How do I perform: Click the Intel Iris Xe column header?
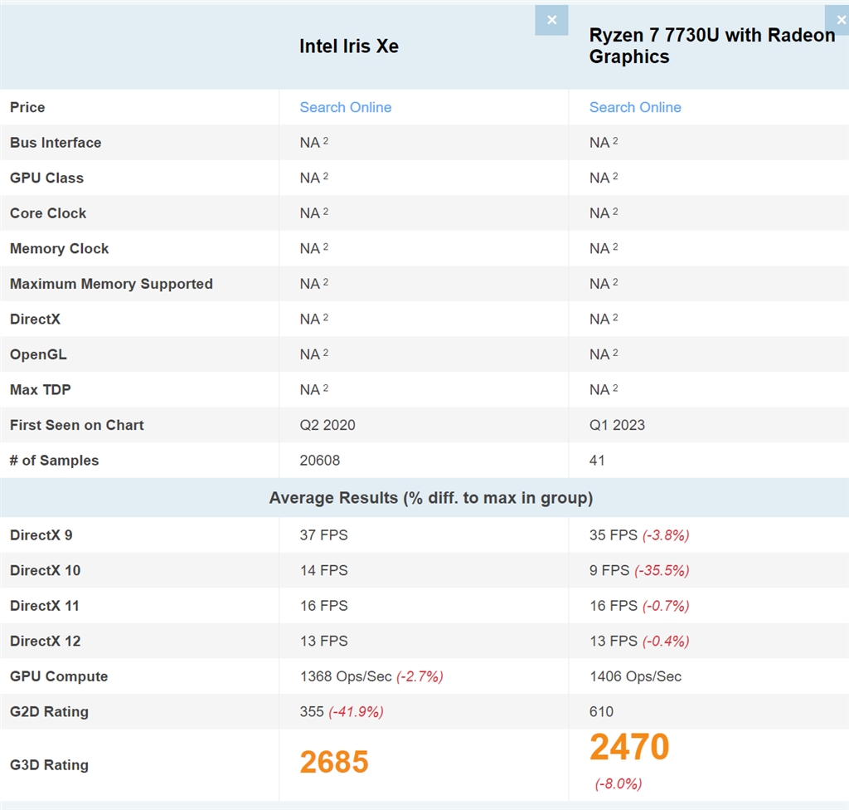(349, 46)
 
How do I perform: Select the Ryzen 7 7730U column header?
(711, 46)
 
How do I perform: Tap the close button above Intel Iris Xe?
(551, 20)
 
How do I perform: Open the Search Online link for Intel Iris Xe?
(345, 107)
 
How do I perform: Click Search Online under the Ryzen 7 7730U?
(635, 107)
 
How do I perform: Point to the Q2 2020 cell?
(327, 425)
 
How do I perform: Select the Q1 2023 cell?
(617, 425)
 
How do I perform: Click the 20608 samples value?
(320, 461)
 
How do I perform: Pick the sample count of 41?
(597, 461)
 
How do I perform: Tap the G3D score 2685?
(334, 762)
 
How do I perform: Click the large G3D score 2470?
(629, 748)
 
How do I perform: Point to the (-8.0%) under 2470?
(619, 784)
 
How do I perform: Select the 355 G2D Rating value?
(311, 712)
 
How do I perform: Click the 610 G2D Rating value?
(601, 712)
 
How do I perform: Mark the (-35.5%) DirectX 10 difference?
(662, 571)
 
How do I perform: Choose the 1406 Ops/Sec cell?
(635, 676)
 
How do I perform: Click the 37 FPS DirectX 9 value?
(323, 535)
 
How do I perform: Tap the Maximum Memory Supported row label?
(111, 284)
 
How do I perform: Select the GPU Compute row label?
(59, 676)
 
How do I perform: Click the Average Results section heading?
(430, 498)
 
